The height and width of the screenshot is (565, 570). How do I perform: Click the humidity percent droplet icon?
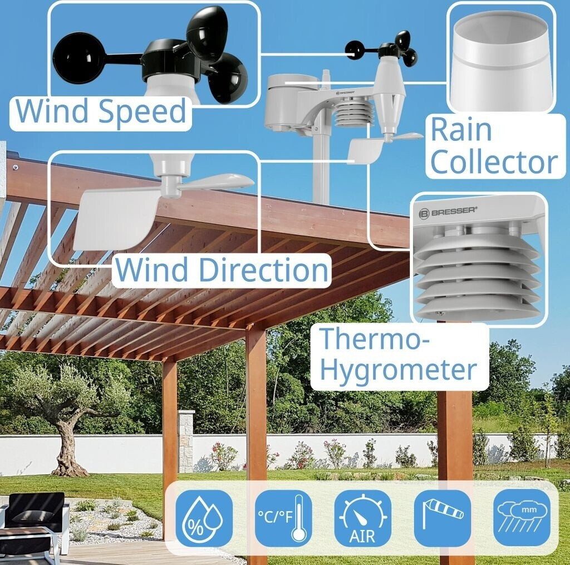click(x=204, y=518)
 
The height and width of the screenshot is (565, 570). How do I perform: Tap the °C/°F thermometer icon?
click(x=283, y=518)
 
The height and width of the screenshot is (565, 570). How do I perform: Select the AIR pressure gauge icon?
click(x=362, y=518)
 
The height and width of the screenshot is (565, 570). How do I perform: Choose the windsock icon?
click(x=442, y=518)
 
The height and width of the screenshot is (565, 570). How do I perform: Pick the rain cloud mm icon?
click(x=522, y=518)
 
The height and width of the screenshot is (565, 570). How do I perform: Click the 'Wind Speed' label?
click(x=101, y=111)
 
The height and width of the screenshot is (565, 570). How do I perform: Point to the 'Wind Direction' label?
click(x=222, y=270)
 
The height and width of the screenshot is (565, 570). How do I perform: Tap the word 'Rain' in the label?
click(x=461, y=130)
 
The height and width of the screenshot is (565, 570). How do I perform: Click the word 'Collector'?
click(x=494, y=162)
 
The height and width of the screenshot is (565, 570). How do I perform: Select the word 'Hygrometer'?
click(x=399, y=370)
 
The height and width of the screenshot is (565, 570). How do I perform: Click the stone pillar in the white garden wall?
click(x=186, y=440)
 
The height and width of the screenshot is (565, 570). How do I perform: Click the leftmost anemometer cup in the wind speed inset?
click(x=78, y=57)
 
